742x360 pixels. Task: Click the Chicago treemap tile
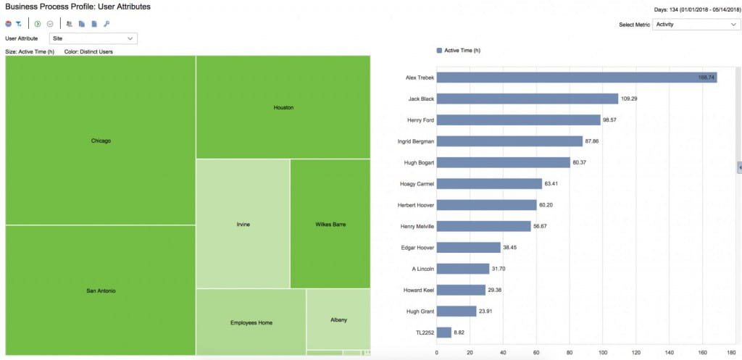click(x=101, y=141)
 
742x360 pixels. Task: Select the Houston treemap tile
click(x=283, y=107)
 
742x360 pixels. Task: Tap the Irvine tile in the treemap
click(x=243, y=224)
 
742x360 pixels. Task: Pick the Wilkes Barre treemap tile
click(x=330, y=224)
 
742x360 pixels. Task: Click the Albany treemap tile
click(x=338, y=319)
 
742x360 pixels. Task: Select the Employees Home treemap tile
click(x=251, y=322)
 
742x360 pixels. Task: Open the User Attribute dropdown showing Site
click(x=93, y=38)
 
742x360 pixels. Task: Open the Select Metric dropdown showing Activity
click(x=695, y=24)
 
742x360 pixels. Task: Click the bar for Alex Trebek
click(x=576, y=77)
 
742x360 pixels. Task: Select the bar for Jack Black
click(x=527, y=99)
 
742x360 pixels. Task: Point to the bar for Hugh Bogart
click(x=502, y=162)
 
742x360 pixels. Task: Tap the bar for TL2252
click(x=443, y=332)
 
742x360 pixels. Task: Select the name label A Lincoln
click(x=422, y=269)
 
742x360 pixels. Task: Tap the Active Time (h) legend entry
click(x=459, y=51)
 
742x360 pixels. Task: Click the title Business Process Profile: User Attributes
click(x=78, y=7)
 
